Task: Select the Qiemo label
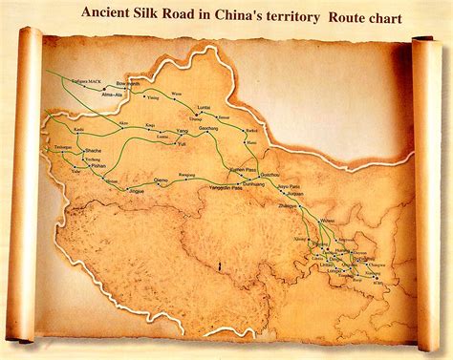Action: click(162, 180)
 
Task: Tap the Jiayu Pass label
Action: click(288, 186)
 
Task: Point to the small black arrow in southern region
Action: click(221, 265)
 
